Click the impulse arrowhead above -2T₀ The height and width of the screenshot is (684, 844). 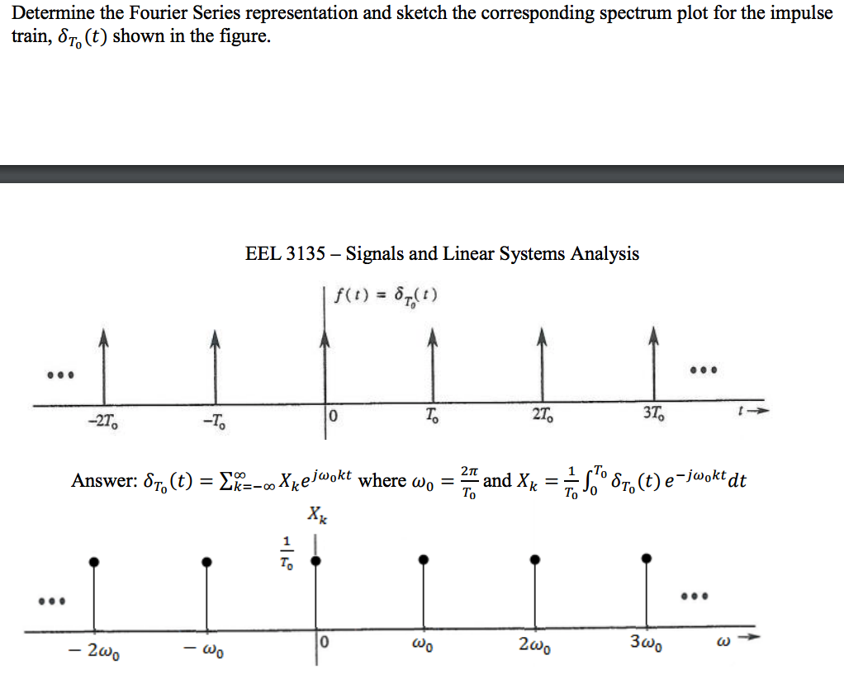click(x=103, y=337)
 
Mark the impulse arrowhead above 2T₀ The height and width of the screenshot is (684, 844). click(x=542, y=337)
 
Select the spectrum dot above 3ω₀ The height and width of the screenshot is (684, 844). click(x=648, y=559)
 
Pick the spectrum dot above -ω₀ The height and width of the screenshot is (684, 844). click(x=206, y=561)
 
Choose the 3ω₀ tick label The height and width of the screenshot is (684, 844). click(x=647, y=644)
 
